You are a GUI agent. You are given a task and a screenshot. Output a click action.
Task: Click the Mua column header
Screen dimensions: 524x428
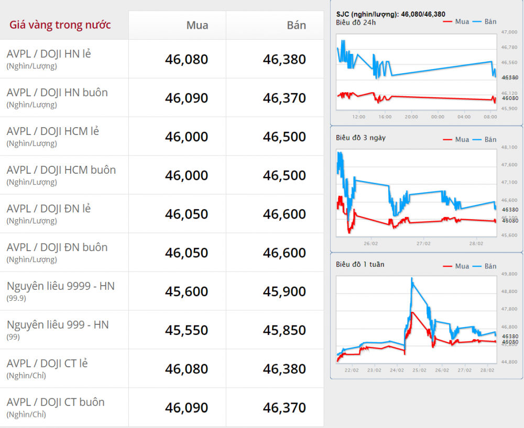tap(197, 25)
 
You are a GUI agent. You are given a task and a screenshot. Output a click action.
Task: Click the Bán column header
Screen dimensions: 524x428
tap(297, 25)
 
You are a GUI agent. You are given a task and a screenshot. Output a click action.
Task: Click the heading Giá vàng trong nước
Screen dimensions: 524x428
tap(60, 25)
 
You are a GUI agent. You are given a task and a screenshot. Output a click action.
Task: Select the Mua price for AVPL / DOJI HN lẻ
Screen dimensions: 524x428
tap(187, 59)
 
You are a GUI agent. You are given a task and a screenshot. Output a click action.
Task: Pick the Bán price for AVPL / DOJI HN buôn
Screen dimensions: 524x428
tap(285, 98)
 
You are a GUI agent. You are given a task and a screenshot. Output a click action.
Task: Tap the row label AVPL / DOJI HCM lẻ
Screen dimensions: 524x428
tap(53, 131)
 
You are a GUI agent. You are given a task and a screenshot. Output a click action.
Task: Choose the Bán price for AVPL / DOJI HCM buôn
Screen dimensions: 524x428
tap(285, 175)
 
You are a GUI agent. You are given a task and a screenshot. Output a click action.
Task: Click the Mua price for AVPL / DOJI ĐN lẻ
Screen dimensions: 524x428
tap(187, 214)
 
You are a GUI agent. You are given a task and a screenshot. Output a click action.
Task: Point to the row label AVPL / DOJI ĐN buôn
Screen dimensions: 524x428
tap(57, 247)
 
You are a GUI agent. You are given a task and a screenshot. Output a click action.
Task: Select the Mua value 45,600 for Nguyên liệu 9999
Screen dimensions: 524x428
tap(187, 291)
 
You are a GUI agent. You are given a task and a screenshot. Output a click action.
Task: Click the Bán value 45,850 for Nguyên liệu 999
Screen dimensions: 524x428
tap(285, 330)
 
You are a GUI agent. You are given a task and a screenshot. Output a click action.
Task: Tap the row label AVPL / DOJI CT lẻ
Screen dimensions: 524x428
tap(47, 364)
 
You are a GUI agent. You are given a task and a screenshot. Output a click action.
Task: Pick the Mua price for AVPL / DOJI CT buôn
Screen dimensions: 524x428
tap(187, 408)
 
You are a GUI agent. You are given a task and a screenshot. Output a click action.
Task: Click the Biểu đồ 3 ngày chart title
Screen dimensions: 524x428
tap(361, 138)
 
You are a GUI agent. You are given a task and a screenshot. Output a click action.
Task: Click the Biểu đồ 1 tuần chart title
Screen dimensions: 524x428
tap(360, 265)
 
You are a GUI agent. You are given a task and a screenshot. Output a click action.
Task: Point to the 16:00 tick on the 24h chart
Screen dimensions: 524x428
tap(385, 117)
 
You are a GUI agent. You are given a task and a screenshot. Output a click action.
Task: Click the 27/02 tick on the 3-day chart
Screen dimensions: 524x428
tap(423, 243)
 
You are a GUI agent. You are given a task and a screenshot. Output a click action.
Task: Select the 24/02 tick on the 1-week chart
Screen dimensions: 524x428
tap(397, 370)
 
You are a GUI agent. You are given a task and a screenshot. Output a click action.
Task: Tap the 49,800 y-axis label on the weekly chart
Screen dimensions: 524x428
tap(509, 274)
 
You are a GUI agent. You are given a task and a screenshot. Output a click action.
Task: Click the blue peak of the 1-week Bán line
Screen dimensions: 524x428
tap(412, 278)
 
